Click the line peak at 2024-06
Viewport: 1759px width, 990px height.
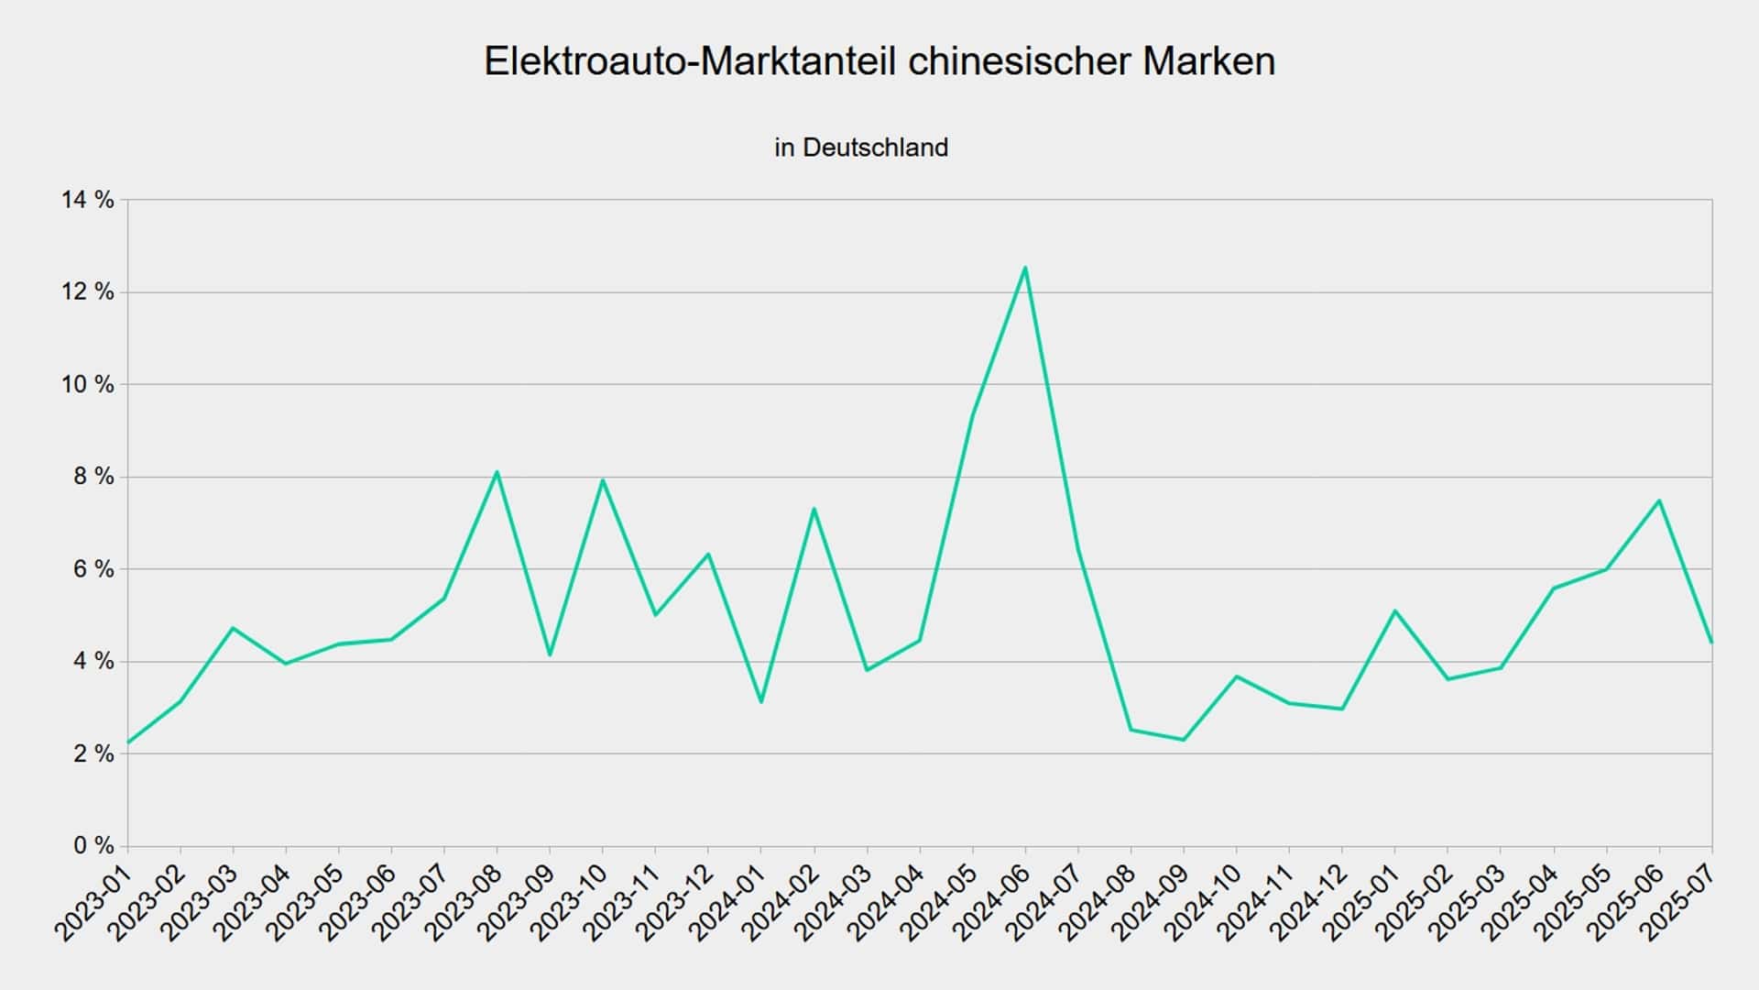point(1025,268)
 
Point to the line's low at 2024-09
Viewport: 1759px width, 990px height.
point(1184,740)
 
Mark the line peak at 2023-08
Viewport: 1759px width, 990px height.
point(497,472)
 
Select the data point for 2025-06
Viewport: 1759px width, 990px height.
point(1659,500)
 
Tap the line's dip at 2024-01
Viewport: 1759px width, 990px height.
point(761,702)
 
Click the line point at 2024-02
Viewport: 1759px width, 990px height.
point(814,509)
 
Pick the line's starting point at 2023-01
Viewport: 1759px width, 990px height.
point(128,742)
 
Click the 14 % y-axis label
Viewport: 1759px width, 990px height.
point(88,200)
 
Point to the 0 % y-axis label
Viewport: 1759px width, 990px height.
point(93,845)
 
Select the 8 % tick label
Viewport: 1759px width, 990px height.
point(93,477)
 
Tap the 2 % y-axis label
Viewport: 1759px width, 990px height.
point(93,753)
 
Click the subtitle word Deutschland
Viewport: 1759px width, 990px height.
point(875,148)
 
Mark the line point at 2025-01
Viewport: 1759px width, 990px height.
point(1394,610)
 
